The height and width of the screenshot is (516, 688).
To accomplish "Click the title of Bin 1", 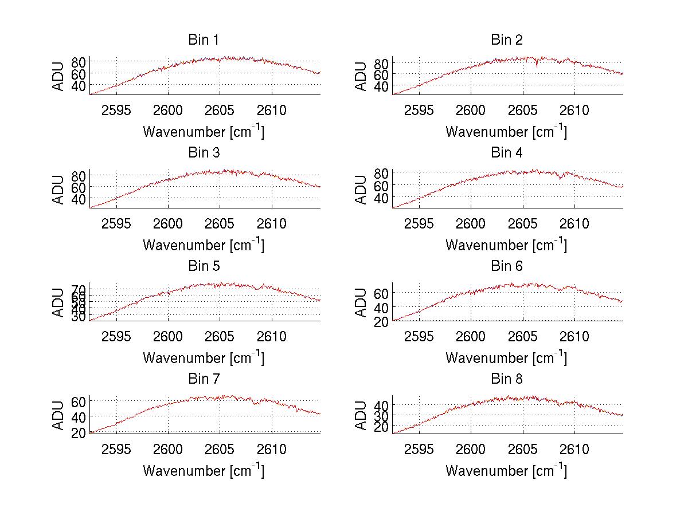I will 204,40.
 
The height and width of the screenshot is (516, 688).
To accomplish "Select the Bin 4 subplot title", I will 506,153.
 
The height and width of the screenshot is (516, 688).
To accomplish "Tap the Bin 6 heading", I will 506,266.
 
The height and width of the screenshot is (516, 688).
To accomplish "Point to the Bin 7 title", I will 204,379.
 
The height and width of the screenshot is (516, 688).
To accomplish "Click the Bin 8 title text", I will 506,379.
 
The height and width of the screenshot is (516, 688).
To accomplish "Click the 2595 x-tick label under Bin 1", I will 116,110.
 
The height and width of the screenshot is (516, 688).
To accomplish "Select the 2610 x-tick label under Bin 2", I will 574,110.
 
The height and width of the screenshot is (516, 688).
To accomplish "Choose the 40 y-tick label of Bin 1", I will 79,85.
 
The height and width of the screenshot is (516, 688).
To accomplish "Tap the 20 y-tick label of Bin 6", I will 381,321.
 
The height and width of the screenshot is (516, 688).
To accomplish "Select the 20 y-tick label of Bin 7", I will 79,432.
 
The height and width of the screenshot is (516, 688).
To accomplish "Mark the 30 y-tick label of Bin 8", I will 381,415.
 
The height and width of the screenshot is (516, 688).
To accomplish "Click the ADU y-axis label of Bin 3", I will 59,190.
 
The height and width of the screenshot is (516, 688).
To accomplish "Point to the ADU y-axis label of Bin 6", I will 362,302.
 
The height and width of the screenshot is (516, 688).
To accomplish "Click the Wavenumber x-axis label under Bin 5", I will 204,358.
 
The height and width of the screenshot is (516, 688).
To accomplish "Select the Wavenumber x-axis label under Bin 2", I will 506,132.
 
